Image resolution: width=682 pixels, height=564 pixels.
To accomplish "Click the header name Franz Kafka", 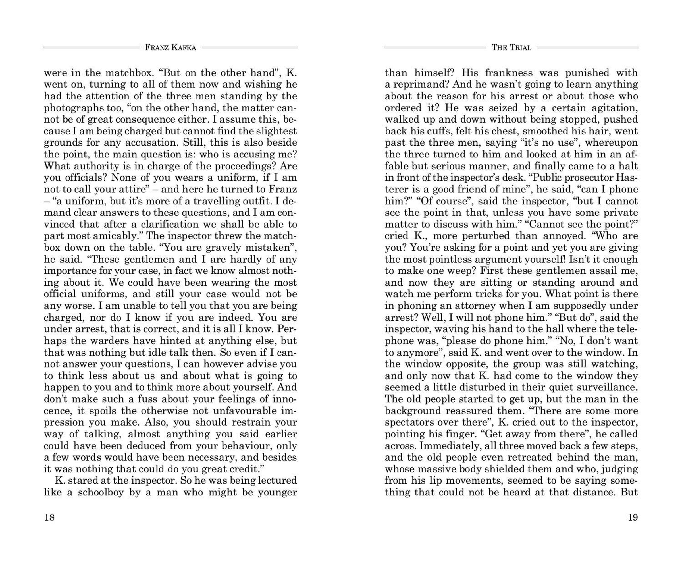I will point(170,48).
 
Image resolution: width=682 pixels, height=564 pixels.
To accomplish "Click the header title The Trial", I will point(511,48).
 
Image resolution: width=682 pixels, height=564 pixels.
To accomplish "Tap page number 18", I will point(49,517).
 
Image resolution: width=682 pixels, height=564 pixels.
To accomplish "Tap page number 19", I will point(633,517).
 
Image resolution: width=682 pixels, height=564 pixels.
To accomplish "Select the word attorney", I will point(473,306).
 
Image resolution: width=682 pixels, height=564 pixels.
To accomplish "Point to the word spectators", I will point(409,422).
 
